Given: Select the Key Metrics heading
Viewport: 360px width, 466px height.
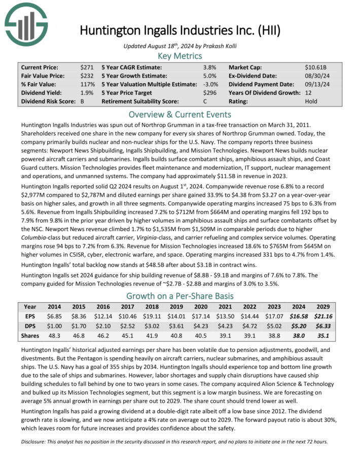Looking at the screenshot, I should pyautogui.click(x=180, y=56).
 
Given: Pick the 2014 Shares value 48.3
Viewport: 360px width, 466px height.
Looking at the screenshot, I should pyautogui.click(x=54, y=336).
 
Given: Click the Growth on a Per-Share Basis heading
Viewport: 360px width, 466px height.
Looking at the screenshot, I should pyautogui.click(x=180, y=296).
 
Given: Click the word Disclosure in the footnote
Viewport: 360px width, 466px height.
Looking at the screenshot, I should pyautogui.click(x=36, y=441).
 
